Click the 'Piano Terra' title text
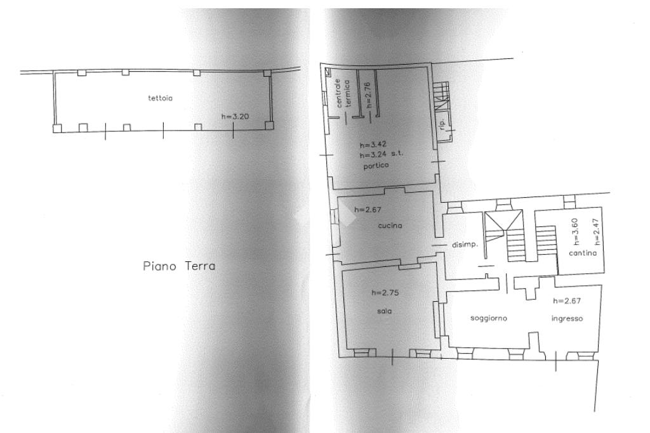click(179, 266)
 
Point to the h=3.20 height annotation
click(235, 117)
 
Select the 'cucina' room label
click(390, 225)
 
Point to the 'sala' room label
click(383, 311)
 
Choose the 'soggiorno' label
click(488, 318)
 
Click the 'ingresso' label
click(567, 318)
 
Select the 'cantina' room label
click(583, 254)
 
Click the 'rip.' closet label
click(442, 124)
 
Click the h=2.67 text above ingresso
click(568, 301)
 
